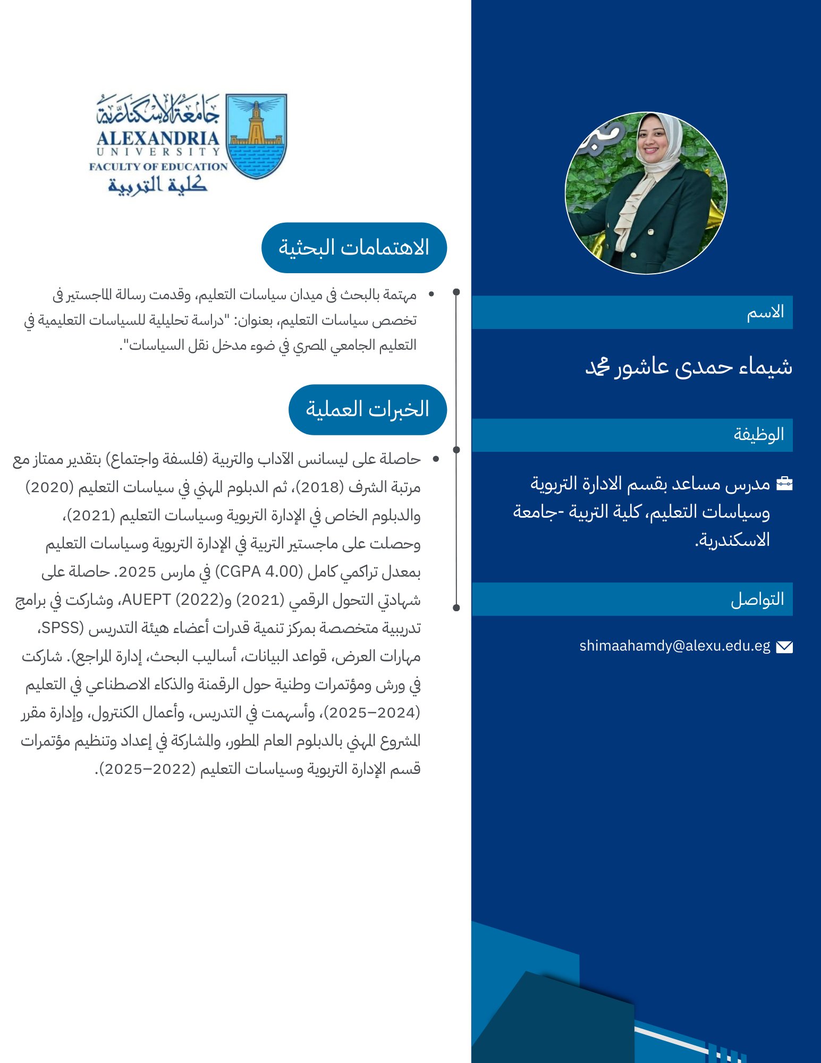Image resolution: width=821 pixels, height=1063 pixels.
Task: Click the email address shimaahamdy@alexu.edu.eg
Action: [x=674, y=646]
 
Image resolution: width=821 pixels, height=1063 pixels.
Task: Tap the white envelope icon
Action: [x=784, y=647]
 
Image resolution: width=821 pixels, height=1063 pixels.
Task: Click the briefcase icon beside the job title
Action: [x=784, y=483]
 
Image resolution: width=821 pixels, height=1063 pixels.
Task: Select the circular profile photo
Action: [x=646, y=193]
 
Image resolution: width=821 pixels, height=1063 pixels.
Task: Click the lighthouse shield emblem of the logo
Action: [x=256, y=136]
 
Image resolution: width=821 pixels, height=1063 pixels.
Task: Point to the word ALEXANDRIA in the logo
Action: [x=158, y=139]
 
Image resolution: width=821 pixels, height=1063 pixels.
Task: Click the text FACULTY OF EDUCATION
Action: [x=158, y=166]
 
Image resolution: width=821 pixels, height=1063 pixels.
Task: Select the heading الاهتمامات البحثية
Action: [x=354, y=248]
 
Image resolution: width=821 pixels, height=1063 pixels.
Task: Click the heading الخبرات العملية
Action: [x=367, y=409]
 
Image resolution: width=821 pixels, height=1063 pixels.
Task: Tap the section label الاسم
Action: [x=765, y=312]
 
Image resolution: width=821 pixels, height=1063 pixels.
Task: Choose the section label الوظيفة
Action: [x=759, y=434]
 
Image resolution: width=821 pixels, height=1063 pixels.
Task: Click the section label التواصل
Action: [x=757, y=599]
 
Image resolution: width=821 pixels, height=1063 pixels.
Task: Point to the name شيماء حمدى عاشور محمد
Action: [x=689, y=366]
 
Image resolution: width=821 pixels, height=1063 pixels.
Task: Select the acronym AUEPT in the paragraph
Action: [x=146, y=600]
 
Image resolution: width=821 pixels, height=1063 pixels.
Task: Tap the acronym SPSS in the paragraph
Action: [x=60, y=628]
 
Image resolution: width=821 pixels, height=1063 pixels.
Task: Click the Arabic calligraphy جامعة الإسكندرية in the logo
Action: [x=158, y=110]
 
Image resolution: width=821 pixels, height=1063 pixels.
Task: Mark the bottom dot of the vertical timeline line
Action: [x=456, y=607]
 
